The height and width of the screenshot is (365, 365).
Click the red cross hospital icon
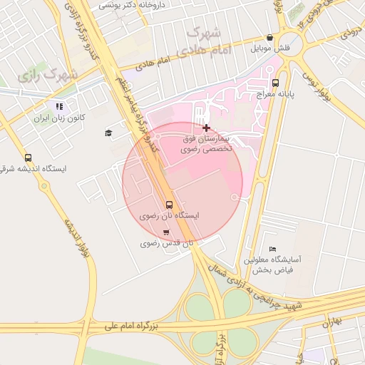tap(207, 128)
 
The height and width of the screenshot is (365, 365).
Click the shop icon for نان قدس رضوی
tap(166, 232)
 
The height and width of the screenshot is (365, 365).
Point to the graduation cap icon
tap(108, 133)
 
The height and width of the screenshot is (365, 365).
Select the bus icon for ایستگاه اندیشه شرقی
tap(28, 158)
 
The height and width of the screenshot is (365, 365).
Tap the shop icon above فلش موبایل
tap(269, 38)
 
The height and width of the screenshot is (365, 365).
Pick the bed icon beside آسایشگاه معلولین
tap(273, 248)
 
